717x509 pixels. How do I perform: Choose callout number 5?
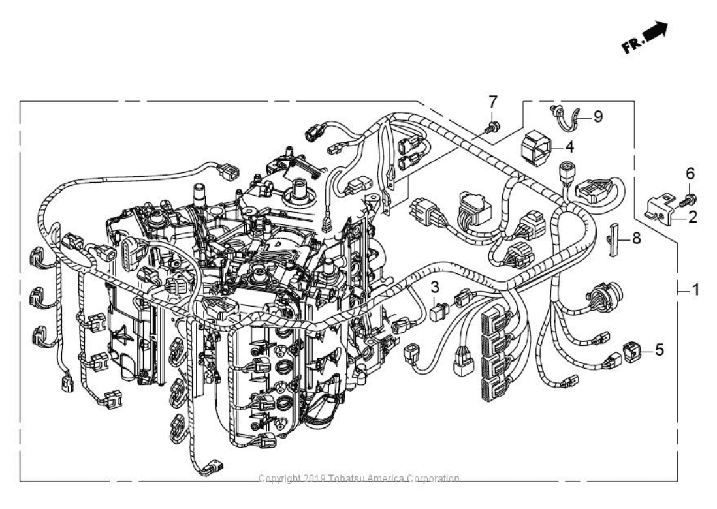coord(660,350)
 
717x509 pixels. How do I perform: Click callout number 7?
coord(493,101)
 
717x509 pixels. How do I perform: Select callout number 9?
coord(597,117)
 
